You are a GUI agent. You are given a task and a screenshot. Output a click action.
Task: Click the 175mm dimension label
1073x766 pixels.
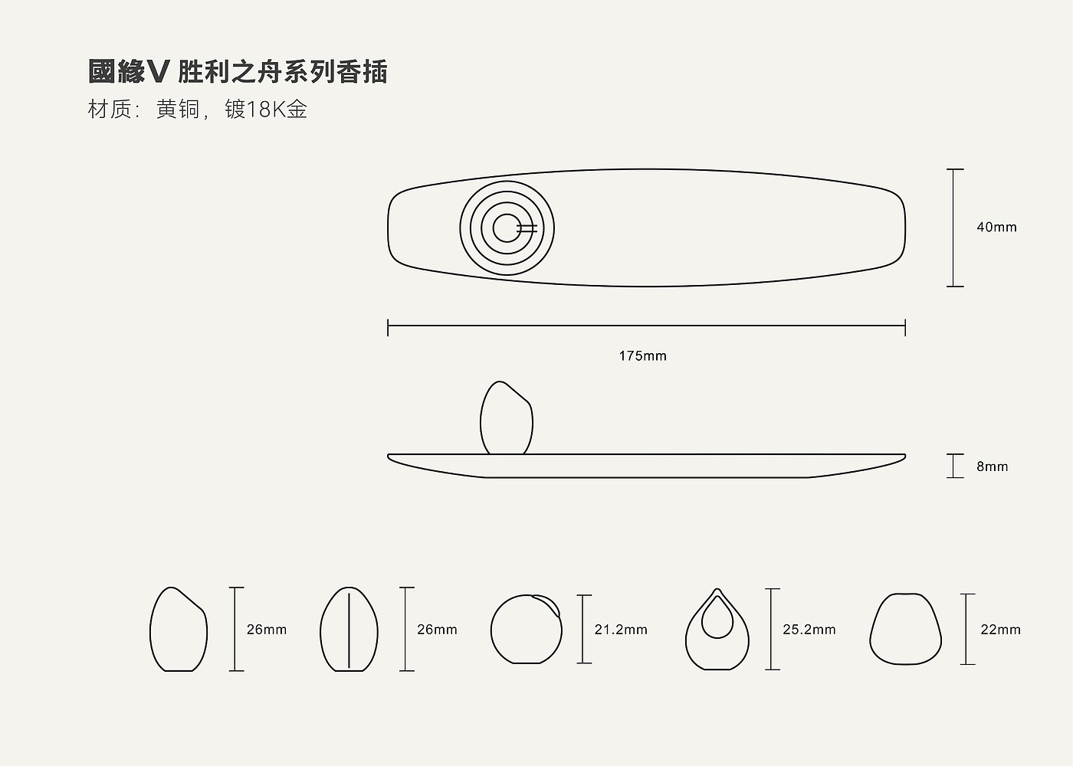642,356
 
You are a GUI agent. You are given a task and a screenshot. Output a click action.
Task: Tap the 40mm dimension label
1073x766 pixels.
996,228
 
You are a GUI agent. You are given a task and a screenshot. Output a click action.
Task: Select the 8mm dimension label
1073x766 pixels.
992,466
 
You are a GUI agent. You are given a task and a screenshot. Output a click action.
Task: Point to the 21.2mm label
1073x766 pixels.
621,630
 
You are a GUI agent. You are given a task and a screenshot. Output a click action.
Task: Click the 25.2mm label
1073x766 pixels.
809,630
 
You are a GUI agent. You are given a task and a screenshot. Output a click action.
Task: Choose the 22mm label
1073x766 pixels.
1000,630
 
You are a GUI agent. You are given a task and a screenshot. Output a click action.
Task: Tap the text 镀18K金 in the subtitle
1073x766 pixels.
266,110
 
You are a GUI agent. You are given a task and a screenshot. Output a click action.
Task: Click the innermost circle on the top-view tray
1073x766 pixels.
506,228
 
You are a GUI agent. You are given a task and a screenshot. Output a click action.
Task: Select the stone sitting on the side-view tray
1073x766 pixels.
507,419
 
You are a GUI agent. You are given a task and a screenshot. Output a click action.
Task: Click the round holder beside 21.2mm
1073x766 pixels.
526,630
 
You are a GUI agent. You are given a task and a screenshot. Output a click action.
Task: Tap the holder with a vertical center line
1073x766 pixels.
349,630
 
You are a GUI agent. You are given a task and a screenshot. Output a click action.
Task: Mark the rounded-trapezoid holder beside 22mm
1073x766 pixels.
905,629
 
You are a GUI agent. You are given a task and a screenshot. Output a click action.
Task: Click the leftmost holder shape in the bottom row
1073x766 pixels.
178,630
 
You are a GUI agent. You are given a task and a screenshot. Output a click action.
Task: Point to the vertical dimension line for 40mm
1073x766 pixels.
954,228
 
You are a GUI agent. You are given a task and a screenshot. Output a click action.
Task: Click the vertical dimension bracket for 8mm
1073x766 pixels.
954,466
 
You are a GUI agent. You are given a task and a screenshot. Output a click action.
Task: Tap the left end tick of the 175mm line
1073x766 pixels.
388,328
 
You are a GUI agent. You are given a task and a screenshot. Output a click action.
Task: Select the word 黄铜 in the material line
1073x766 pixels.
177,110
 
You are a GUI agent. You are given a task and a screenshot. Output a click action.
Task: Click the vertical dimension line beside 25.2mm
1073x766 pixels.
772,630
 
